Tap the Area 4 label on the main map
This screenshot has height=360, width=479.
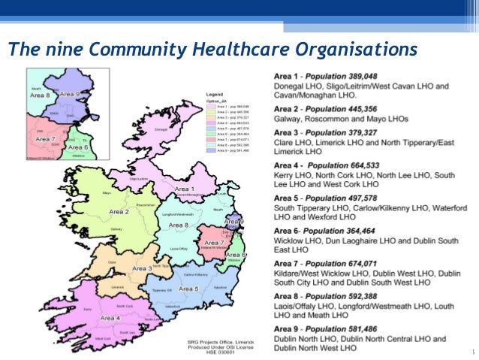click(110, 318)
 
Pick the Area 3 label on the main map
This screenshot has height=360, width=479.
click(143, 268)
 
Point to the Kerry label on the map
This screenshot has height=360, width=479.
click(87, 309)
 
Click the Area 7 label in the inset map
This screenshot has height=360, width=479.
click(45, 139)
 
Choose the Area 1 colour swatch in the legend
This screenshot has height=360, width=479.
click(209, 107)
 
